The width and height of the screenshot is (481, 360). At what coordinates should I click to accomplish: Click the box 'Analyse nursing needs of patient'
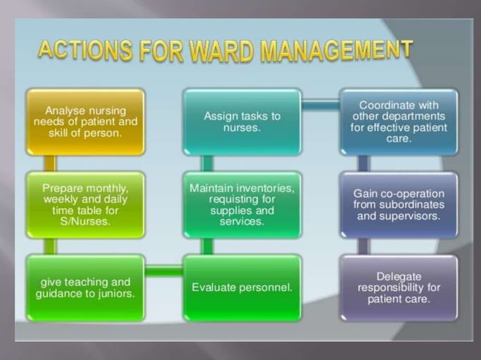click(85, 121)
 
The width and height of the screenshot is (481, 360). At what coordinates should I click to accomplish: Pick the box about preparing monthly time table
click(85, 204)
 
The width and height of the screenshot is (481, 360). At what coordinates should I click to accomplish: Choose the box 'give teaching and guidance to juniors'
click(85, 288)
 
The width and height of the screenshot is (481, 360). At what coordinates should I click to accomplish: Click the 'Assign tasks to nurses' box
click(242, 121)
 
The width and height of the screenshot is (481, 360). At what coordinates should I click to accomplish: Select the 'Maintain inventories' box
click(242, 204)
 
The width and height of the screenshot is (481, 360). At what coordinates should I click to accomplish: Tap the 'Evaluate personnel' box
click(242, 288)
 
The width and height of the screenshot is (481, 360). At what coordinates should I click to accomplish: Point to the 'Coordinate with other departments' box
click(398, 121)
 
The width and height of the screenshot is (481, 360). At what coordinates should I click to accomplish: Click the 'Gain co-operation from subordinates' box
click(398, 204)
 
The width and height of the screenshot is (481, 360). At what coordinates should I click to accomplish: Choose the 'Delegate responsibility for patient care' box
click(398, 288)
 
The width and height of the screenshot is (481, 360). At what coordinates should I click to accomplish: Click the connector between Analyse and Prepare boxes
click(50, 163)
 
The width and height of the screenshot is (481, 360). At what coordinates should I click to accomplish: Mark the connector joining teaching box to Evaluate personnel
click(164, 270)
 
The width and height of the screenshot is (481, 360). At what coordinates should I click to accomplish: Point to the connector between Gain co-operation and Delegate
click(363, 246)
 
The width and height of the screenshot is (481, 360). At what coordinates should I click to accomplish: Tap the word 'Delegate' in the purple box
click(399, 276)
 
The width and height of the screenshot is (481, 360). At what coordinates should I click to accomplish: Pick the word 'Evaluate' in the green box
click(216, 288)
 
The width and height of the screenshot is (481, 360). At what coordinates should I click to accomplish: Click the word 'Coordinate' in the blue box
click(398, 105)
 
